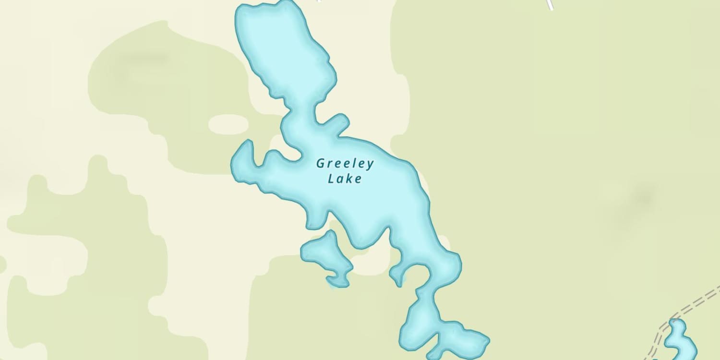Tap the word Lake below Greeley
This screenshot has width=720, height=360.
[x=344, y=179]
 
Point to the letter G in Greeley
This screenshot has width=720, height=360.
[x=320, y=164]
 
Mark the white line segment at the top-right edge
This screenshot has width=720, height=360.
[x=550, y=5]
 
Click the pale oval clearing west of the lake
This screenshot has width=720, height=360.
[x=228, y=124]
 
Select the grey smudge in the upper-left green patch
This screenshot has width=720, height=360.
[x=144, y=60]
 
